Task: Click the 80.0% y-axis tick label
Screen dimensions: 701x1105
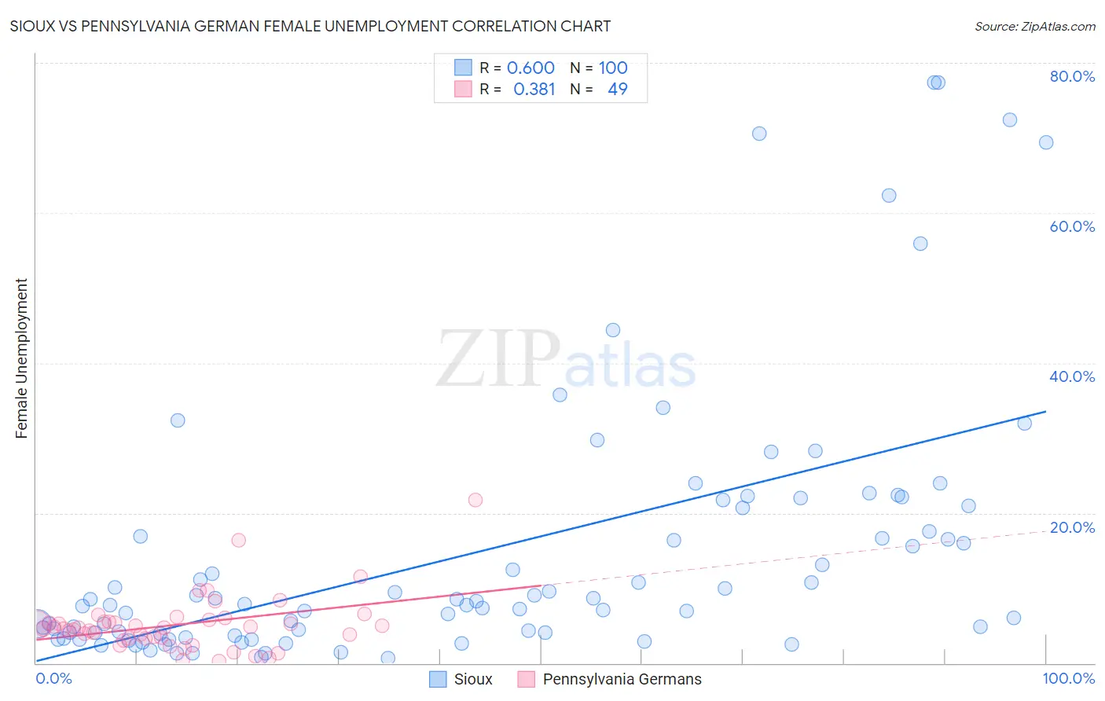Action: [x=1072, y=76]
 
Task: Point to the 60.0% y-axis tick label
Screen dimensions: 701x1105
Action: [x=1072, y=226]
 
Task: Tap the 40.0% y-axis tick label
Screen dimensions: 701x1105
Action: [x=1072, y=376]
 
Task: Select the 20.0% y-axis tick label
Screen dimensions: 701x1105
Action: [x=1072, y=527]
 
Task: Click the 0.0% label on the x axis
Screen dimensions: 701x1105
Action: [x=53, y=678]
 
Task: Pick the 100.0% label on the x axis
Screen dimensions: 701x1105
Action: [x=1068, y=678]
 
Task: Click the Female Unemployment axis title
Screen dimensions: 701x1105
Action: [x=21, y=358]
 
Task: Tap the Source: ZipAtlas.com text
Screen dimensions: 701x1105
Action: [x=1034, y=27]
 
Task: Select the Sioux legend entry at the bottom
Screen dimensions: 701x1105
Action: [x=461, y=679]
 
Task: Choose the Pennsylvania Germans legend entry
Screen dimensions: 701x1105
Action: [x=610, y=679]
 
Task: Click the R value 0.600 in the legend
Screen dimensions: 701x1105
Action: [x=530, y=68]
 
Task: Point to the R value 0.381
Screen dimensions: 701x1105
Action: [x=534, y=90]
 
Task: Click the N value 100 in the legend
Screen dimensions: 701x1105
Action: [x=613, y=68]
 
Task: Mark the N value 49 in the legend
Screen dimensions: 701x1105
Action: [x=618, y=90]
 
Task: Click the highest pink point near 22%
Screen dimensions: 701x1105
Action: [x=475, y=500]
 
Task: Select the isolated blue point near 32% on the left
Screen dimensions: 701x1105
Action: [x=178, y=420]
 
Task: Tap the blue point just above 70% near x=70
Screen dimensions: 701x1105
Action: [x=759, y=134]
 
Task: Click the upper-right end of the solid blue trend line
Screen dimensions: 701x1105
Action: [x=1045, y=411]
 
